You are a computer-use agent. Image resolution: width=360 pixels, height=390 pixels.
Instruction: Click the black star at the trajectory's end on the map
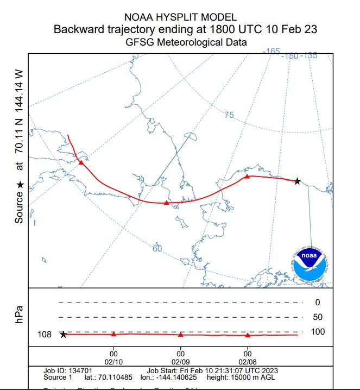coord(297,181)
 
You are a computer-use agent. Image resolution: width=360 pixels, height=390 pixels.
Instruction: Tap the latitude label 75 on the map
coord(229,115)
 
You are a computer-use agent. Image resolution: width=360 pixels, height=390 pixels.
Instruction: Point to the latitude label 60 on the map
coord(157,248)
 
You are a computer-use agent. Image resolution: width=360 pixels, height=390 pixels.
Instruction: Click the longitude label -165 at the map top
coord(271,52)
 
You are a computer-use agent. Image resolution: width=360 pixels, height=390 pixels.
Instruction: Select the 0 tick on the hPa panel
coord(317,303)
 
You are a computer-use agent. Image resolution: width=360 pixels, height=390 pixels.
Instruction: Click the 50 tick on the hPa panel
coord(317,317)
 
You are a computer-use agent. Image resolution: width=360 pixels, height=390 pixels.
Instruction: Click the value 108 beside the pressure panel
coord(45,335)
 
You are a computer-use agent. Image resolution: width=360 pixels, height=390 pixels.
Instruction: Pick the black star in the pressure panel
coord(63,335)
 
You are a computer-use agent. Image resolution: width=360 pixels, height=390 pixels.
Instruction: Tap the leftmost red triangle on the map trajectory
coord(81,162)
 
